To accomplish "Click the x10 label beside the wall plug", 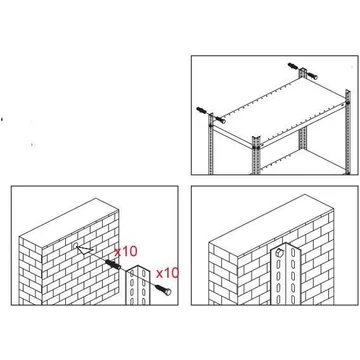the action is click(x=126, y=251).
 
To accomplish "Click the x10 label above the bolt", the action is click(x=168, y=273).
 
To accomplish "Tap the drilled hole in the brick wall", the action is click(x=76, y=246).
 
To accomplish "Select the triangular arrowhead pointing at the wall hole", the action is click(x=84, y=249).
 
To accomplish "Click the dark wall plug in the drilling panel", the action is click(x=113, y=265).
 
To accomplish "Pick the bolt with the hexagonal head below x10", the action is click(x=163, y=289).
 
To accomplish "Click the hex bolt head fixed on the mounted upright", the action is click(x=280, y=252).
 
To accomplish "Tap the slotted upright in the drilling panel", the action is click(x=138, y=285).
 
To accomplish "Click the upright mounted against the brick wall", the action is click(x=285, y=274).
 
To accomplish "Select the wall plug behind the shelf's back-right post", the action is click(x=294, y=66).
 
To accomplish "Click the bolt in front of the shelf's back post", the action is click(x=311, y=76).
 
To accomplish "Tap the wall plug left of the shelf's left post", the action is click(x=202, y=110).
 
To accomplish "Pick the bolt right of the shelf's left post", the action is click(x=220, y=119).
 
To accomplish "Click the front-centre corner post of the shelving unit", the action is click(x=256, y=155).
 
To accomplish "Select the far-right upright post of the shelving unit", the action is click(x=348, y=132).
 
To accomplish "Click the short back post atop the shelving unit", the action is click(x=303, y=73).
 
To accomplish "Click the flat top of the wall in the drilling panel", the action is click(x=69, y=223).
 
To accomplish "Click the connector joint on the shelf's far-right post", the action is click(x=347, y=103).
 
